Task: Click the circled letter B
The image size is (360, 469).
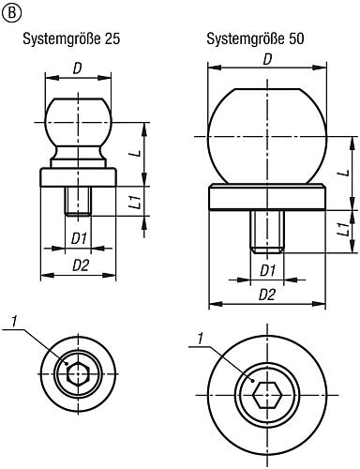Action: [12, 13]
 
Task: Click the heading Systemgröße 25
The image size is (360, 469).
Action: [71, 39]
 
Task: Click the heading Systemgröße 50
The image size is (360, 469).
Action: [255, 39]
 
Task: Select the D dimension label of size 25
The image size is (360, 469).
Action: [77, 69]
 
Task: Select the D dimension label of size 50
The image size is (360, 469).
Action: [267, 59]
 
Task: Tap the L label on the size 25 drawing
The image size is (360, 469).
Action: [139, 154]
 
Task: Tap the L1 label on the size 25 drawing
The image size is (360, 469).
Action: [139, 202]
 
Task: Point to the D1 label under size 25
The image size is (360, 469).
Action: [79, 239]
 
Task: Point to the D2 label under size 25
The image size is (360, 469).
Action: [81, 265]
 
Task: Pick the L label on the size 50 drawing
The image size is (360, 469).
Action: [344, 173]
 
